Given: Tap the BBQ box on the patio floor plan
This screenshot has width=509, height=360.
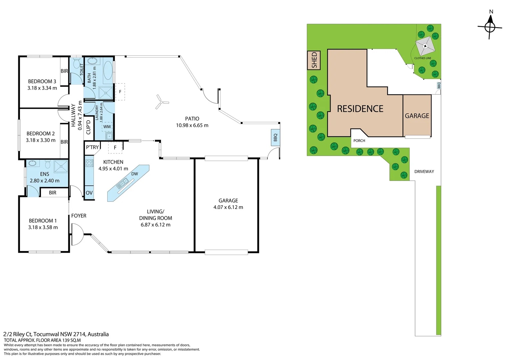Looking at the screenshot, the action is pos(275,137).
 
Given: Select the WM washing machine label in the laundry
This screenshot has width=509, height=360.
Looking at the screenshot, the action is pos(107,127).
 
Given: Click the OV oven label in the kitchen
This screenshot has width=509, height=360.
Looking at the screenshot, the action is pos(89,193).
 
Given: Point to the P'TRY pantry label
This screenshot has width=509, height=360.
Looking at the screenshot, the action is pos(92,147).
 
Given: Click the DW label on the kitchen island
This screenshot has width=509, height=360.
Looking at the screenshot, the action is pos(135,174).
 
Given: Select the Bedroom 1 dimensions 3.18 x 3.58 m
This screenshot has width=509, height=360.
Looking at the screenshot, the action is pos(43,227).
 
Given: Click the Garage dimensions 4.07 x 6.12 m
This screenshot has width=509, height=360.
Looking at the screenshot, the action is pos(228,207).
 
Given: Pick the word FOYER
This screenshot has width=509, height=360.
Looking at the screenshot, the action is pos(79,216).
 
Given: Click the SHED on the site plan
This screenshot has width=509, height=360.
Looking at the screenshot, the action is pos(314,60).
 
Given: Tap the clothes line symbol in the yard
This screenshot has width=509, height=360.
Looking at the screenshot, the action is pos(425,46).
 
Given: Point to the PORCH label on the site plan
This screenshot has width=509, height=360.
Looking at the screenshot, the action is pos(359,141).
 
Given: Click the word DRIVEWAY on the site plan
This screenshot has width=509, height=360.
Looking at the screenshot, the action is pos(424,171).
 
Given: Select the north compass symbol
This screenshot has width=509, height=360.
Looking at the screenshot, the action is pos(490,27).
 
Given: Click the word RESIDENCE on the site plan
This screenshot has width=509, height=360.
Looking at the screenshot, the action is pos(360,109).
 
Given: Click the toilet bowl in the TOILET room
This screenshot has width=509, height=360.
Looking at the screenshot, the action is pos(77,62).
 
